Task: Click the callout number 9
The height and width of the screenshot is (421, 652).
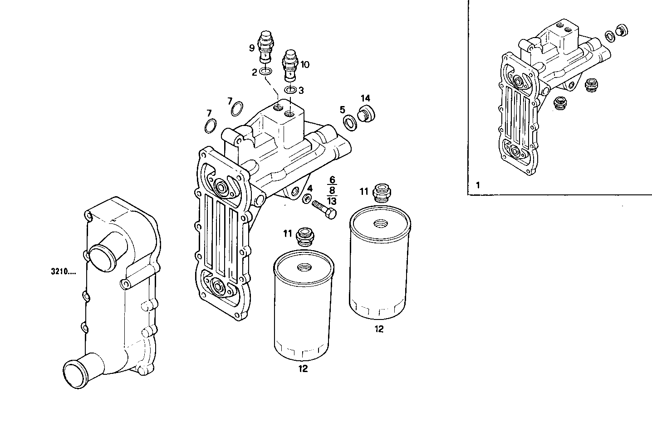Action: [x=251, y=48]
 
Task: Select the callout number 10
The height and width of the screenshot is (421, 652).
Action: [x=304, y=65]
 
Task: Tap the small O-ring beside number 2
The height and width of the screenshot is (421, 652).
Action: [x=267, y=71]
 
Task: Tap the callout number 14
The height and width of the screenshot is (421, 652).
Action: [x=365, y=98]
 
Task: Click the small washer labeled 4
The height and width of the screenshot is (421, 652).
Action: [x=307, y=198]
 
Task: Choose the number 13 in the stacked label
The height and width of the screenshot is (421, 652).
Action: [x=332, y=201]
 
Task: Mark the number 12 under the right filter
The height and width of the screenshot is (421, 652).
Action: [x=379, y=329]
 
